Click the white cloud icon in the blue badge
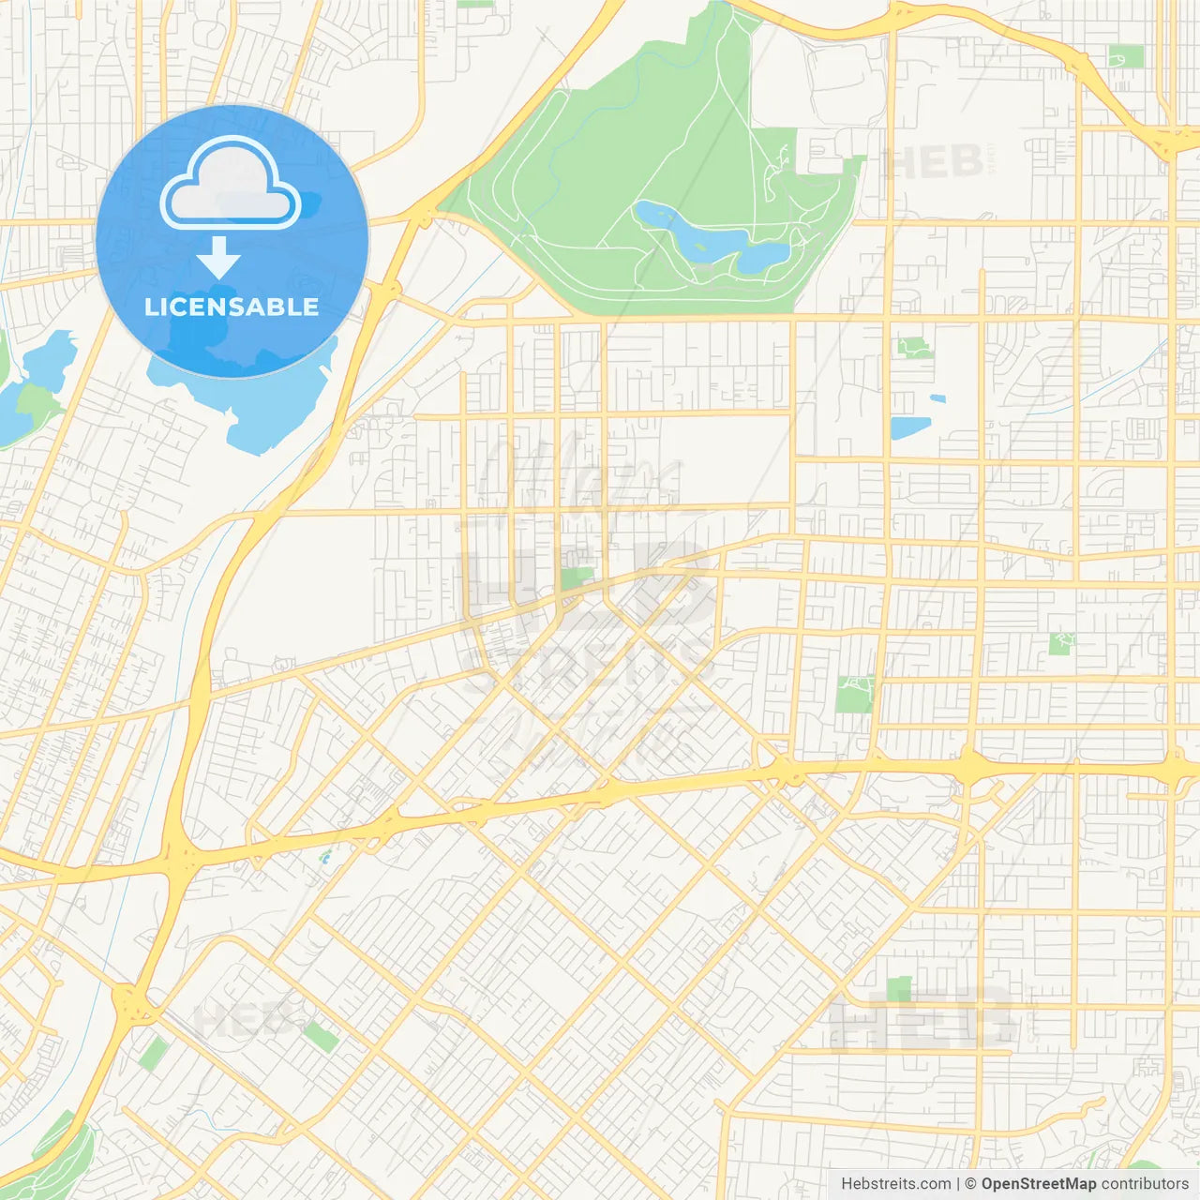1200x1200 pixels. click(231, 183)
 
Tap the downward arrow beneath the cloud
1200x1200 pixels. click(218, 258)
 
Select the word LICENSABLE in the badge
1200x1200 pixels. click(232, 307)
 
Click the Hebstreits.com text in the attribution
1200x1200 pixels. click(895, 1184)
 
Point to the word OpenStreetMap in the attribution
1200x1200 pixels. click(1039, 1184)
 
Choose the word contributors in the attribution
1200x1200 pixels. click(1145, 1184)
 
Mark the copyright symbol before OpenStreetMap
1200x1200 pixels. click(971, 1184)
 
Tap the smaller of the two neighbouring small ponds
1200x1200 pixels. click(937, 399)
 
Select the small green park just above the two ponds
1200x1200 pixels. click(914, 348)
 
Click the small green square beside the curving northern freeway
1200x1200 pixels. click(1126, 56)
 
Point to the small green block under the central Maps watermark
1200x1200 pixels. click(577, 577)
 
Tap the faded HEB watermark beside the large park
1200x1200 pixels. click(933, 162)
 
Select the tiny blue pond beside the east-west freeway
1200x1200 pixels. click(325, 856)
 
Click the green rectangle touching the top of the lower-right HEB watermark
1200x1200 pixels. click(899, 988)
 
